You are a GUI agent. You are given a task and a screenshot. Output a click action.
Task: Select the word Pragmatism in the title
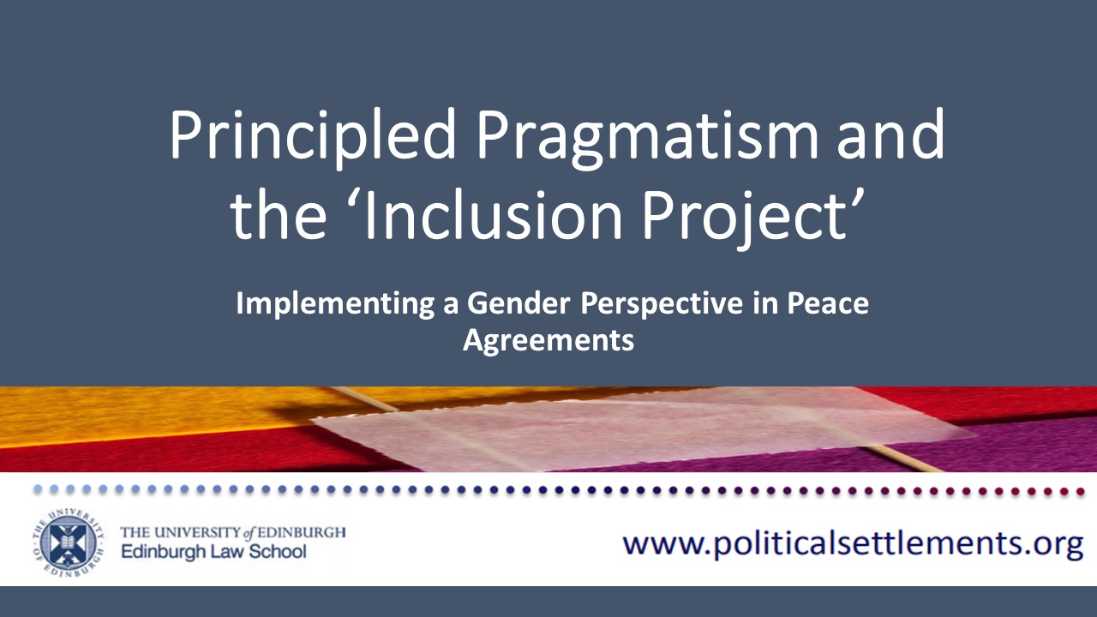647,136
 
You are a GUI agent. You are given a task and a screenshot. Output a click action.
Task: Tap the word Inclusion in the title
493,213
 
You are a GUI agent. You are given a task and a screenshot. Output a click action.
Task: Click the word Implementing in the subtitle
335,304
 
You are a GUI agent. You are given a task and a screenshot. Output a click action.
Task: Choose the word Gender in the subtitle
519,303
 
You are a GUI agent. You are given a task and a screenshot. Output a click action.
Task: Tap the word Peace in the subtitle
828,303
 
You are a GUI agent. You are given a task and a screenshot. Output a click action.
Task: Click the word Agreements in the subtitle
548,341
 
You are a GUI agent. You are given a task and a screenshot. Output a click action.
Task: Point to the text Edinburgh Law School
213,552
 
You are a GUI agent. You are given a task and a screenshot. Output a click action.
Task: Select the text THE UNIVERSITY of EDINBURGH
233,532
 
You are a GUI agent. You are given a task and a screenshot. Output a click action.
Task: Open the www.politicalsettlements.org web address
853,544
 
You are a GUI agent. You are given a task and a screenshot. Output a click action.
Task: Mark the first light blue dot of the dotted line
38,489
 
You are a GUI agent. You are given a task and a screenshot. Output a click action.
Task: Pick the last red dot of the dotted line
1079,491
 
